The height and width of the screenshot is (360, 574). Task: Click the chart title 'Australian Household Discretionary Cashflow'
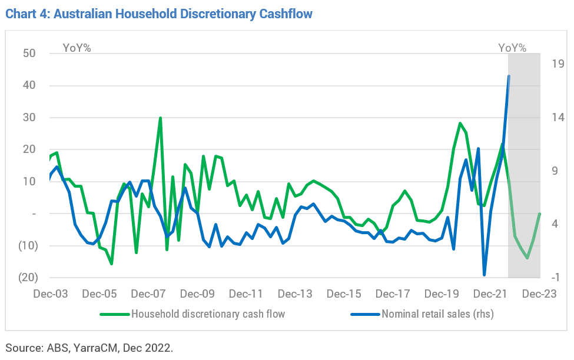point(183,14)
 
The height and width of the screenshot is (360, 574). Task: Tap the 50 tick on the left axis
point(29,54)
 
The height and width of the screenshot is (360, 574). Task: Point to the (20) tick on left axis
point(28,277)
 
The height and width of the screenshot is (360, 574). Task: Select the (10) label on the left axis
point(28,245)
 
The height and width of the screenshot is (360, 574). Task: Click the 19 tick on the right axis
point(558,64)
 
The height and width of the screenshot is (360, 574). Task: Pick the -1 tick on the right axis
point(555,277)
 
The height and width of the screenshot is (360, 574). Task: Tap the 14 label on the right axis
point(558,118)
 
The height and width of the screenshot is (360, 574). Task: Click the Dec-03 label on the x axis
point(51,294)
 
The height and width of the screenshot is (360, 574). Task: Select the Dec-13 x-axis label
point(295,294)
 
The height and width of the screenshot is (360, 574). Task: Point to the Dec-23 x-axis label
point(539,294)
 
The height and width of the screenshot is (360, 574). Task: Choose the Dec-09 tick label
point(197,294)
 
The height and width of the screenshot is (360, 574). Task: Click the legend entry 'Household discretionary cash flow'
point(208,314)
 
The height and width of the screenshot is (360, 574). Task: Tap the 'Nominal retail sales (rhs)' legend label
point(438,314)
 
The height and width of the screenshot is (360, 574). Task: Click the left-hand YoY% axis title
point(77,48)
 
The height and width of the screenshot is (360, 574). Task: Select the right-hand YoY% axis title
point(512,48)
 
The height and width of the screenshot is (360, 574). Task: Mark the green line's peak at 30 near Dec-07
point(160,118)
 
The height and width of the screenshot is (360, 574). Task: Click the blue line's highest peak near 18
point(509,76)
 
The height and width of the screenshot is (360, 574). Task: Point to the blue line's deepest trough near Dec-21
point(485,275)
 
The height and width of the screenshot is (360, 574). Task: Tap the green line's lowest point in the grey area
point(527,258)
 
